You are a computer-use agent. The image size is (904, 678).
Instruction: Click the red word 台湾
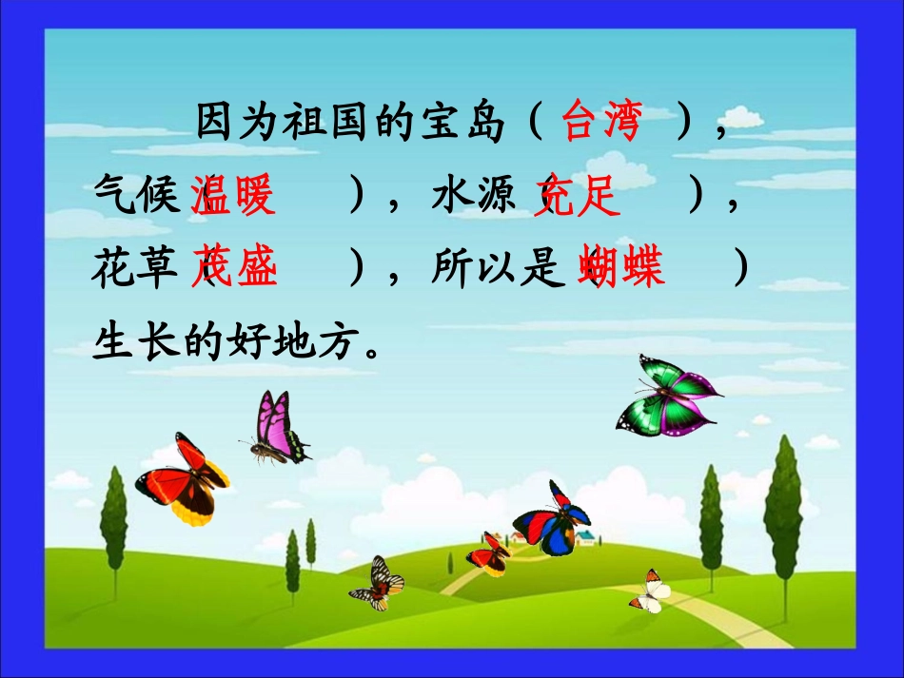pyautogui.click(x=601, y=122)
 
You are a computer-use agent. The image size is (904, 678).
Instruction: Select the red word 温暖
pyautogui.click(x=234, y=198)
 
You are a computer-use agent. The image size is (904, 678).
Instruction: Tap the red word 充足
pyautogui.click(x=578, y=198)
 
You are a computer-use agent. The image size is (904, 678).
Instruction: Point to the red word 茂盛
pyautogui.click(x=235, y=268)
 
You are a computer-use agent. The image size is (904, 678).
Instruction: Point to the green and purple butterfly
pyautogui.click(x=665, y=397)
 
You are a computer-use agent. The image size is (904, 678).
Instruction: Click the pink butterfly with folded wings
pyautogui.click(x=279, y=429)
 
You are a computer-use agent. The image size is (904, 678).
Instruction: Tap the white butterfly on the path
pyautogui.click(x=651, y=592)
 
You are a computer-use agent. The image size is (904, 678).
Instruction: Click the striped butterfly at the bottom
pyautogui.click(x=378, y=582)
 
